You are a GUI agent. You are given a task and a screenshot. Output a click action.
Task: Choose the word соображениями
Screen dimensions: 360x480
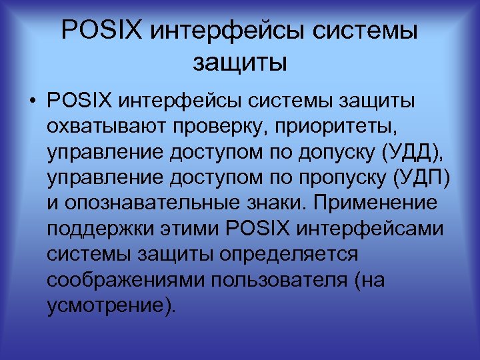coord(126,279)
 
